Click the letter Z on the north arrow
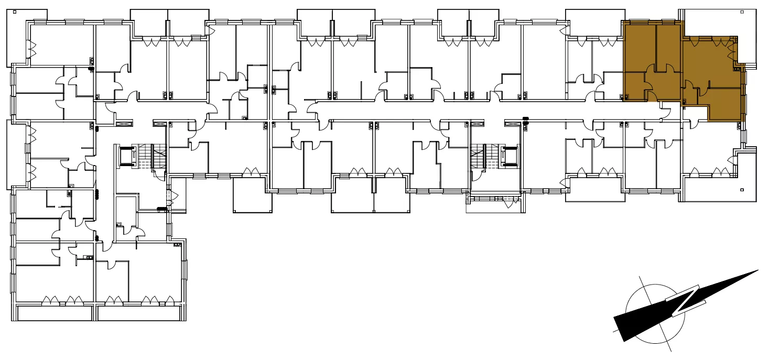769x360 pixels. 686,300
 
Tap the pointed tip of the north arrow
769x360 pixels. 758,270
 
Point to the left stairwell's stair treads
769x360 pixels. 151,157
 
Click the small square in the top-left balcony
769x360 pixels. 15,12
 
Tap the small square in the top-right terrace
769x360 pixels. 742,12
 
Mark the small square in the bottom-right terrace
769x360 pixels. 742,190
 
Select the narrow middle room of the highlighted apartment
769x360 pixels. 668,46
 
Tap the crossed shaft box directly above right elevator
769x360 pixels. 476,123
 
